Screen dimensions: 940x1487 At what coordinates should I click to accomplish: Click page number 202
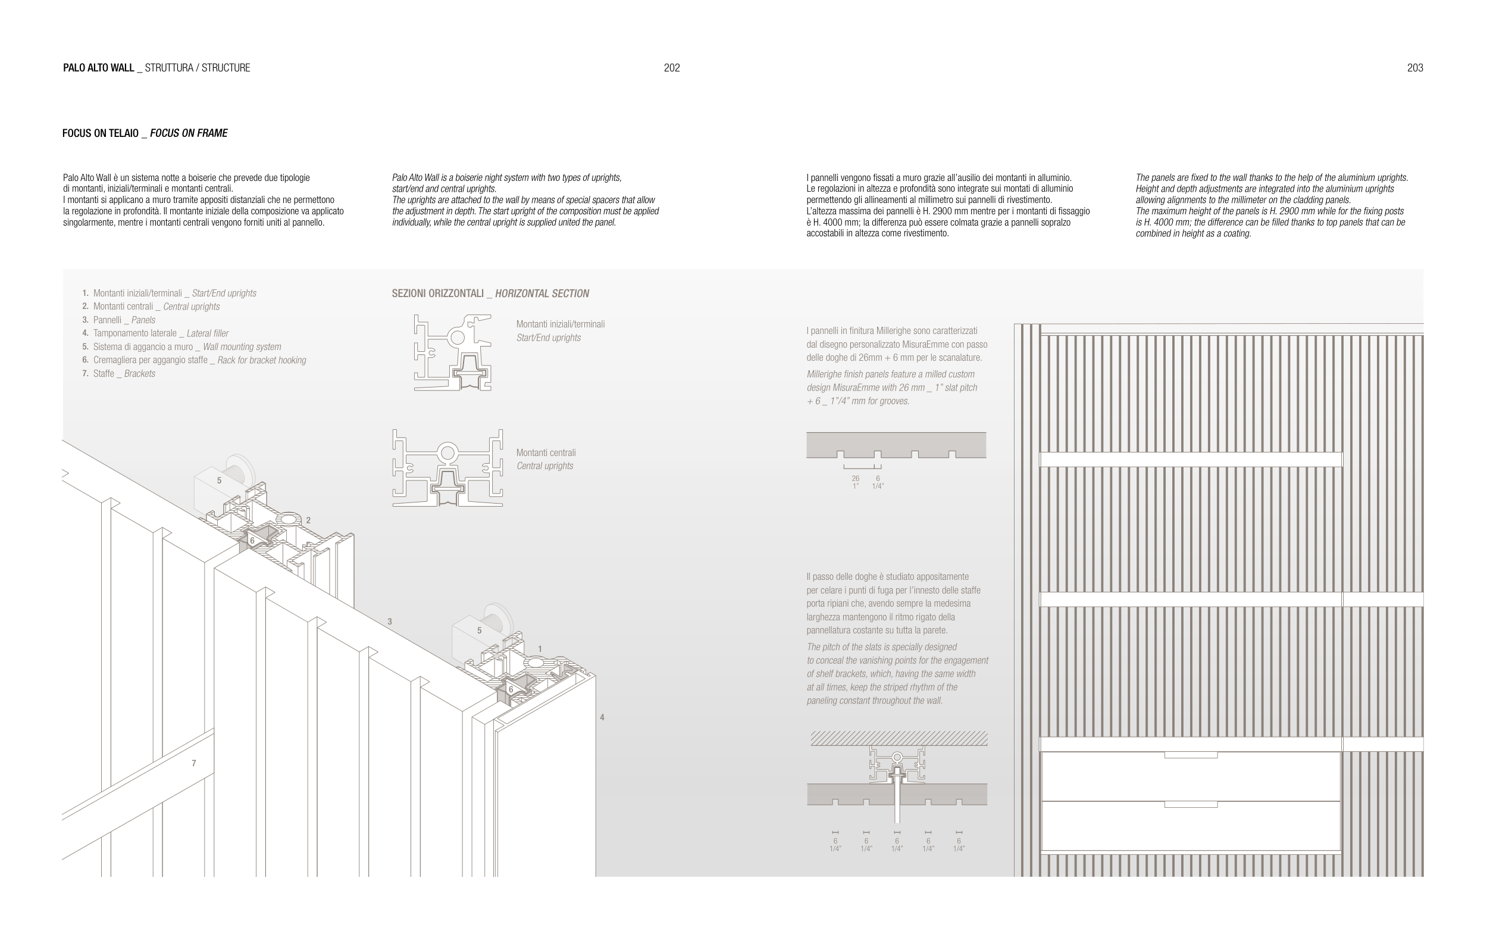click(x=671, y=68)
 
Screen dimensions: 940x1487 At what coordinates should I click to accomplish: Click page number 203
click(x=1415, y=68)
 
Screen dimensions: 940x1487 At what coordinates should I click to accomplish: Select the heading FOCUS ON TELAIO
click(x=101, y=133)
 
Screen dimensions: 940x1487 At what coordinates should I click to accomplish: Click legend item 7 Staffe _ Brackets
click(x=118, y=374)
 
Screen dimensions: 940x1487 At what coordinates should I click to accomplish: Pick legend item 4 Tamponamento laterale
click(x=155, y=333)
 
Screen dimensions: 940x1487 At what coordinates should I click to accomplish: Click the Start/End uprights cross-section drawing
click(x=453, y=352)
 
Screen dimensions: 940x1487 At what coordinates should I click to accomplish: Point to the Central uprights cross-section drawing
click(x=447, y=468)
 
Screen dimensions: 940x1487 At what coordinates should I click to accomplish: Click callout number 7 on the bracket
click(x=194, y=763)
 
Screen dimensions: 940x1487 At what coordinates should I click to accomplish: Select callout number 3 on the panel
click(x=390, y=622)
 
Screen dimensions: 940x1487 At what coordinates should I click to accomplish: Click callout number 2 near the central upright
click(x=308, y=521)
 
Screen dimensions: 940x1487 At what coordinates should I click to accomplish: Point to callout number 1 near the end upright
click(x=540, y=648)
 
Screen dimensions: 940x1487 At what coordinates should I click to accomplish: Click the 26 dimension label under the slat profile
click(x=855, y=479)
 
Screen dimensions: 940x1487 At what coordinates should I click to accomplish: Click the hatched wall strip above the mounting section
click(x=899, y=738)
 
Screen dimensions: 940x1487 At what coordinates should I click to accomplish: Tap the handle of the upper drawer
click(x=1191, y=755)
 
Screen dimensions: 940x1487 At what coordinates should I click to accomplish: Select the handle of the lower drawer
click(x=1191, y=804)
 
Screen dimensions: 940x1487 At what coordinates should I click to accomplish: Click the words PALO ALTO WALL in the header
click(x=99, y=68)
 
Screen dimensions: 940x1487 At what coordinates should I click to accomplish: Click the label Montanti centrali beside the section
click(x=546, y=452)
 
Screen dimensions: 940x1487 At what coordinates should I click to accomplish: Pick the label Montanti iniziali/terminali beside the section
click(x=560, y=324)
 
